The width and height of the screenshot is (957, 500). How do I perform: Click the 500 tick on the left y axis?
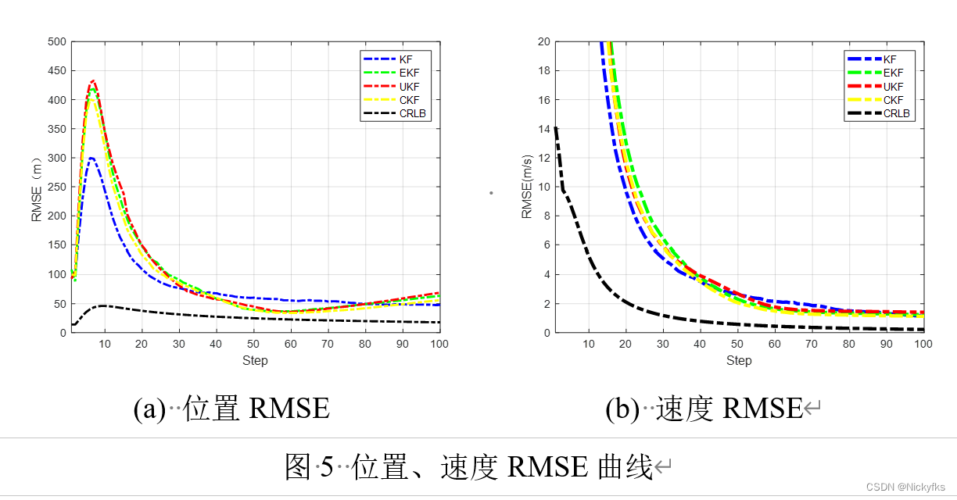pyautogui.click(x=56, y=42)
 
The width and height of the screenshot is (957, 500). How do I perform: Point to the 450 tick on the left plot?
pyautogui.click(x=56, y=71)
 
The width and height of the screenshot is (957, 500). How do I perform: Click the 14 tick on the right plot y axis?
pyautogui.click(x=543, y=129)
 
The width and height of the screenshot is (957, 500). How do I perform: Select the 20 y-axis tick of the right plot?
pyautogui.click(x=543, y=42)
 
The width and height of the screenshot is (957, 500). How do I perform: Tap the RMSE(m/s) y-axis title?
pyautogui.click(x=527, y=187)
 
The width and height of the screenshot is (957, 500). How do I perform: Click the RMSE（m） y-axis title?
pyautogui.click(x=37, y=187)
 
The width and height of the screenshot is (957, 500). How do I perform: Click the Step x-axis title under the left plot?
pyautogui.click(x=255, y=360)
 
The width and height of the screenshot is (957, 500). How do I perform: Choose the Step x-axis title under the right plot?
pyautogui.click(x=739, y=360)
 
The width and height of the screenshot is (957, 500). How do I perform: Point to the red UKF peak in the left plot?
pyautogui.click(x=93, y=80)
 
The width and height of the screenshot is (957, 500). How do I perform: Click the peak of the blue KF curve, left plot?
pyautogui.click(x=91, y=158)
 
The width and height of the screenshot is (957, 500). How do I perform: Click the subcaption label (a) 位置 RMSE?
pyautogui.click(x=231, y=408)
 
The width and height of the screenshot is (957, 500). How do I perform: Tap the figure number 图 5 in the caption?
pyautogui.click(x=309, y=467)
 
